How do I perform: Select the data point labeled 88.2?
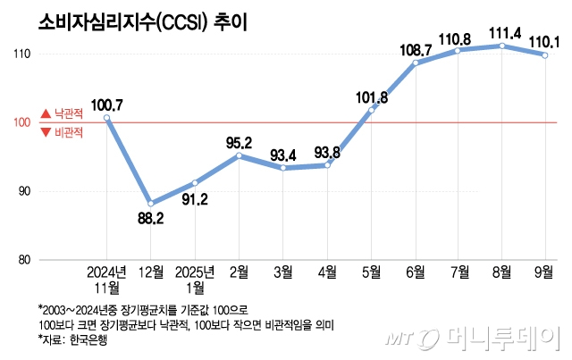coord(150,204)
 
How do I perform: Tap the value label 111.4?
coord(503,33)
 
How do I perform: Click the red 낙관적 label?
coord(62,114)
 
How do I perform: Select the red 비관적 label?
coord(62,133)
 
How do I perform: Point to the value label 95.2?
coord(240,142)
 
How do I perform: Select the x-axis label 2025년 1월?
coord(195,278)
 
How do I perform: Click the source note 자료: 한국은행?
coord(71,341)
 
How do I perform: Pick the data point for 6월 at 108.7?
coord(415,63)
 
